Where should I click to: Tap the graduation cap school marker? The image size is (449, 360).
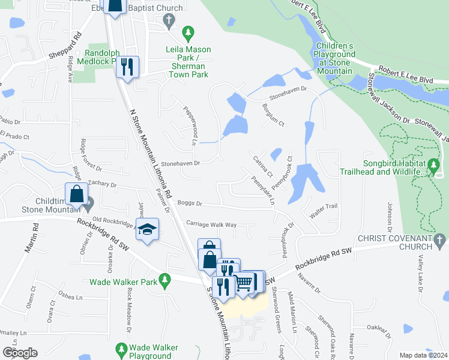pyautogui.click(x=147, y=229)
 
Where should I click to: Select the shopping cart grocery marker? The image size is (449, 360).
pyautogui.click(x=243, y=283)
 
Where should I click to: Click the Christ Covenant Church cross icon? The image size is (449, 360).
pyautogui.click(x=440, y=239)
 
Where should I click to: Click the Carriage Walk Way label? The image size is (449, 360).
pyautogui.click(x=211, y=224)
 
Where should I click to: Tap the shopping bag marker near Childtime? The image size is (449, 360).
pyautogui.click(x=76, y=194)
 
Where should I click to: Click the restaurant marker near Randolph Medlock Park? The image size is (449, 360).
pyautogui.click(x=127, y=67)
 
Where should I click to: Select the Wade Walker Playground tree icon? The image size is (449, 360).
pyautogui.click(x=121, y=348)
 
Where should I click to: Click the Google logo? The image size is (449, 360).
pyautogui.click(x=20, y=353)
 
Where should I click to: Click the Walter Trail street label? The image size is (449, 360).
pyautogui.click(x=324, y=206)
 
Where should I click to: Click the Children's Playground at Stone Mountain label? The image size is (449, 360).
pyautogui.click(x=335, y=58)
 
